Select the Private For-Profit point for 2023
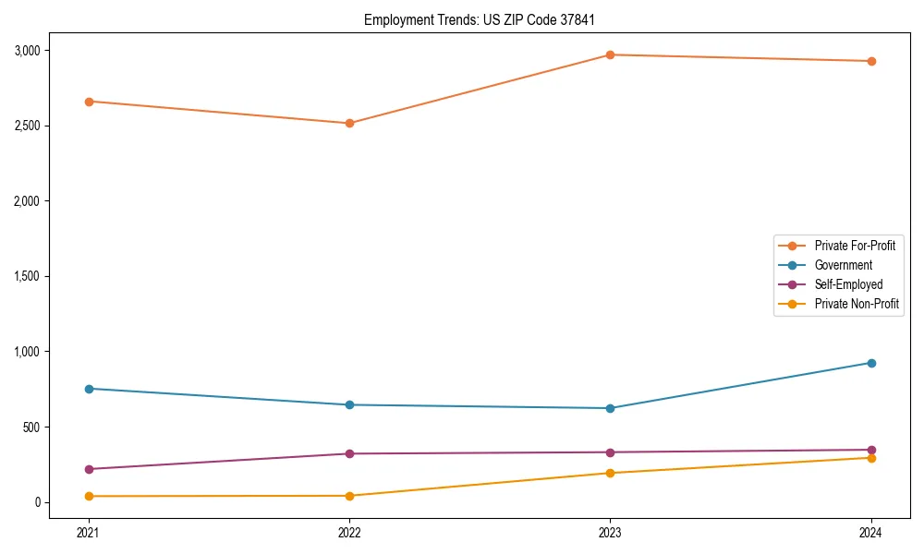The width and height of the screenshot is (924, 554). (610, 54)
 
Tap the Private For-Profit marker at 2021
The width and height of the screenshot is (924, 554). (89, 102)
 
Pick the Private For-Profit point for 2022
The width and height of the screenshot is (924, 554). (349, 123)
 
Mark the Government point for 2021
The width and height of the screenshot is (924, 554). (89, 389)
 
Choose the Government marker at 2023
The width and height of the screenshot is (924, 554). (610, 408)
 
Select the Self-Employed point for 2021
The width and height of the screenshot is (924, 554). (89, 469)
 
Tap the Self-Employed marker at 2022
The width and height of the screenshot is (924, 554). (349, 453)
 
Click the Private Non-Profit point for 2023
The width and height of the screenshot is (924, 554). (610, 473)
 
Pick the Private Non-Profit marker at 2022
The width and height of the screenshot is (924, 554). (349, 496)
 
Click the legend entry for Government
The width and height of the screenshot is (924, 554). (843, 265)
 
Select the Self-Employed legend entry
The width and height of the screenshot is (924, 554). (848, 284)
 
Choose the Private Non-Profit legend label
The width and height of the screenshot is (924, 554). (857, 304)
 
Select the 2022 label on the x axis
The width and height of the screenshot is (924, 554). (349, 533)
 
